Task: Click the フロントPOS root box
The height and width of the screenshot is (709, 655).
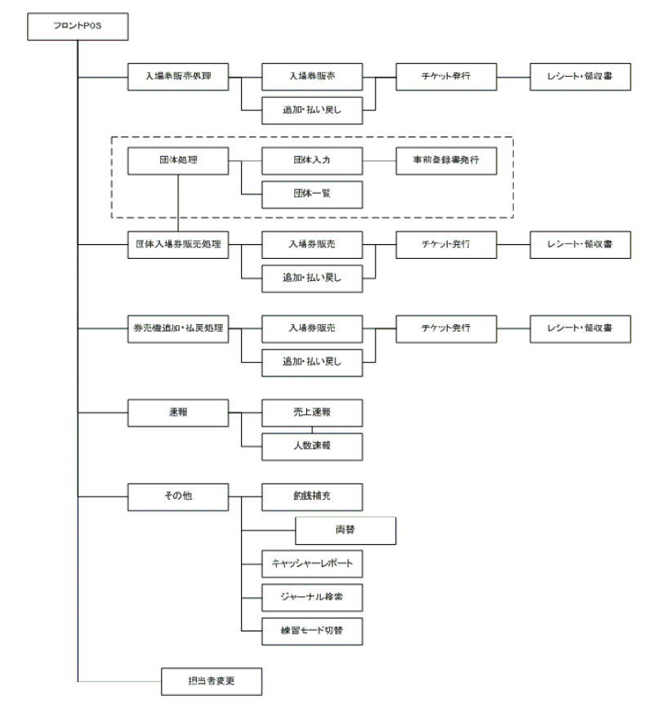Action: (78, 27)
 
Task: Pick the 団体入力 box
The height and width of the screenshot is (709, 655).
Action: (313, 160)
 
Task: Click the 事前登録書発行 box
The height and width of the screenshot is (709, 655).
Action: (445, 160)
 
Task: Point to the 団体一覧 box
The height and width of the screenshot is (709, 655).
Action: (313, 193)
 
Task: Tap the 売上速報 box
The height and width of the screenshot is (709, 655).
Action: (313, 413)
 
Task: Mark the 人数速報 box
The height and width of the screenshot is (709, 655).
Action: (313, 446)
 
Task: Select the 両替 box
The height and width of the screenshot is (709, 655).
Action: (346, 530)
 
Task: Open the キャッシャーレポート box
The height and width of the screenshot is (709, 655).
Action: (313, 564)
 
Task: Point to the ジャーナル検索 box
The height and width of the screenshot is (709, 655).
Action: (313, 597)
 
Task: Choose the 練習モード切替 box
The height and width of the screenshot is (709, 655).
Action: (313, 631)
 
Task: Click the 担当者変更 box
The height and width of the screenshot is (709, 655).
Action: (212, 679)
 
